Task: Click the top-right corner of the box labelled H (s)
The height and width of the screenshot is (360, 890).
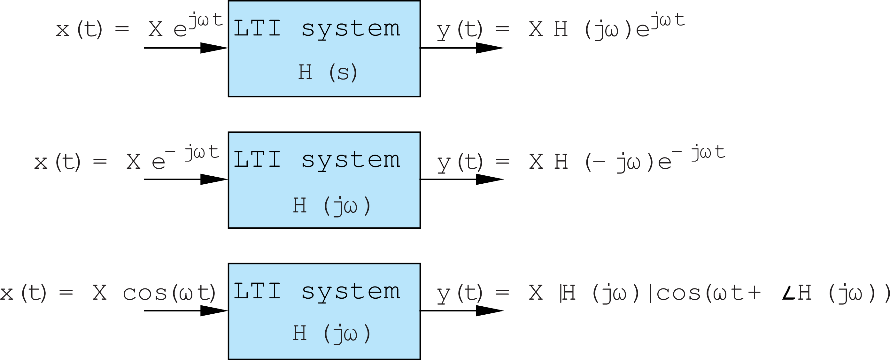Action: (420, 1)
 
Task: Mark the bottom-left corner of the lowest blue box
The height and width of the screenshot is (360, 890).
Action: (228, 359)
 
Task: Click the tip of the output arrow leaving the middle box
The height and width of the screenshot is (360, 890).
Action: (504, 179)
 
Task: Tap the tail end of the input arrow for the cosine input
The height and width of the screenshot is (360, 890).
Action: (144, 310)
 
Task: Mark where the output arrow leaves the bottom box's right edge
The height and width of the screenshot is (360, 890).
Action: (420, 310)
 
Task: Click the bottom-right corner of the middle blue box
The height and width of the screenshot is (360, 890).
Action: (420, 228)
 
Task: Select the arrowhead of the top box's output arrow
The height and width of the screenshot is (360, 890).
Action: (490, 48)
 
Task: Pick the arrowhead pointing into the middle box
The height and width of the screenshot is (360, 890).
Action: (214, 179)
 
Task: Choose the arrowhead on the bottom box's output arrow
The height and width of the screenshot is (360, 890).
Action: (490, 310)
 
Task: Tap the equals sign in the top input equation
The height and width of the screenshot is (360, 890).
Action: (122, 29)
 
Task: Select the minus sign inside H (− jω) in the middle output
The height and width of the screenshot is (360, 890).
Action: (599, 161)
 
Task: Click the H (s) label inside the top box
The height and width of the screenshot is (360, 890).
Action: (328, 72)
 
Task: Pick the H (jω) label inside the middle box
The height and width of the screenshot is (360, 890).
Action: (331, 206)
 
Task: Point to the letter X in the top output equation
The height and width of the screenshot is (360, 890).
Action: (536, 29)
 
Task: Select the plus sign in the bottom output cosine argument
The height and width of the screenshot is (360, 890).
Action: (754, 293)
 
